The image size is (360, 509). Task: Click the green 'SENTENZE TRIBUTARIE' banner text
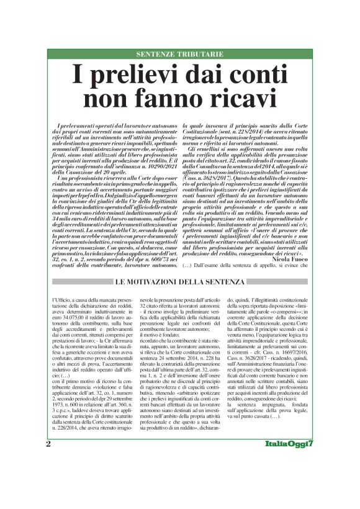coord(179,54)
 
